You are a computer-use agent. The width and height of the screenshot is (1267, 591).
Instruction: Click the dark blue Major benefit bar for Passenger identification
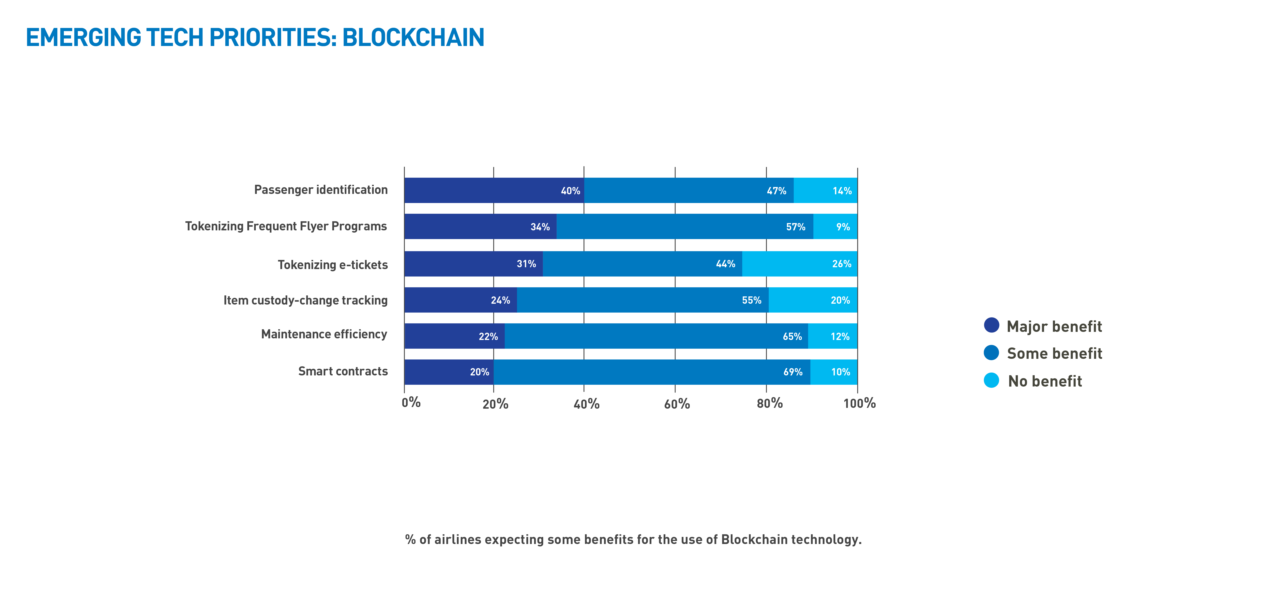click(x=492, y=190)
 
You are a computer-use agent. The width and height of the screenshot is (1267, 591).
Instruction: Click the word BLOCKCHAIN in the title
click(x=413, y=38)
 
